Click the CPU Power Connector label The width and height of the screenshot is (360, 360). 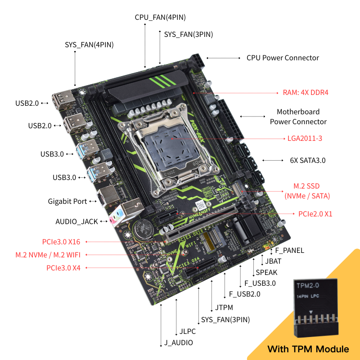[283, 58]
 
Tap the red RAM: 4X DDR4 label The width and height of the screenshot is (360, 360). [306, 93]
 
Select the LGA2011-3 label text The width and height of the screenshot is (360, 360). [305, 138]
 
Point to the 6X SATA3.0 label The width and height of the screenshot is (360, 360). [307, 160]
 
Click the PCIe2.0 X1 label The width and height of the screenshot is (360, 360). [315, 214]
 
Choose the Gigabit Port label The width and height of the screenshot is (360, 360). [67, 201]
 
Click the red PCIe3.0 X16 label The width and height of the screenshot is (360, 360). [61, 242]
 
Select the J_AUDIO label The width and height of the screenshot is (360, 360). [178, 343]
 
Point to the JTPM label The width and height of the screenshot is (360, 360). [224, 308]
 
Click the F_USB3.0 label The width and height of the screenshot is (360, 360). [260, 283]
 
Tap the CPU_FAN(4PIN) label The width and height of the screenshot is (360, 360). [160, 17]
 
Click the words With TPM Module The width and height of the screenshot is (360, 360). [308, 349]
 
